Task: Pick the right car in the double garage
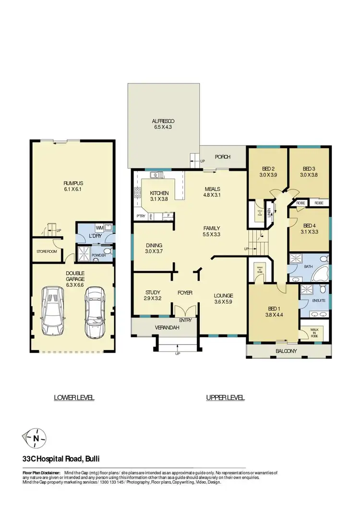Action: (94, 311)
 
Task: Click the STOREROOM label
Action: (47, 251)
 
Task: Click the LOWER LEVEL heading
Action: (74, 397)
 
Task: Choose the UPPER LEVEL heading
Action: (226, 397)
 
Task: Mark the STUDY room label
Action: (153, 292)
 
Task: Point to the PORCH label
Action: (223, 156)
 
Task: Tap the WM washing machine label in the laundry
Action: (100, 228)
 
